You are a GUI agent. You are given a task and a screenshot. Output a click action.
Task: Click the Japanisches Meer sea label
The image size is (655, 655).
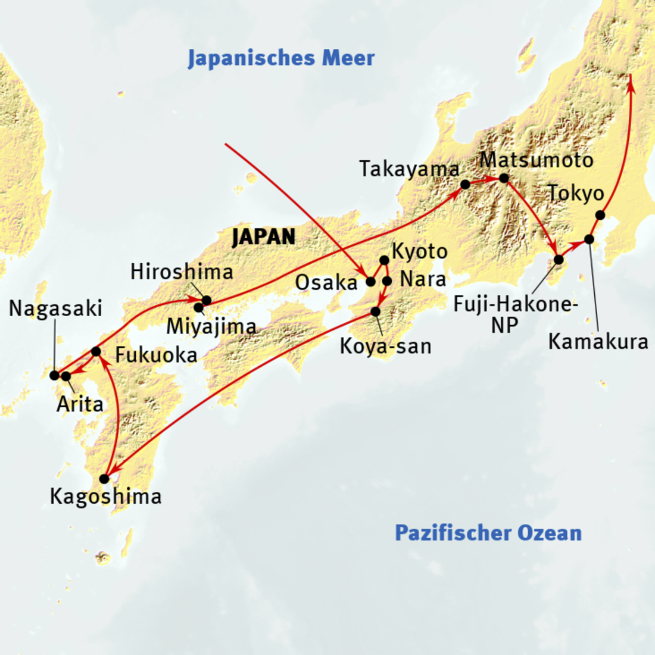[281, 58]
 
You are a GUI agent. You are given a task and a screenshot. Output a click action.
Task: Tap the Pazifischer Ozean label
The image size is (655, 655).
[488, 532]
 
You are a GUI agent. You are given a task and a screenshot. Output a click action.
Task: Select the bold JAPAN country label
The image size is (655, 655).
[264, 237]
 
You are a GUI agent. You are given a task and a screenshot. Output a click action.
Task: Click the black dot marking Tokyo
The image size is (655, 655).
[600, 215]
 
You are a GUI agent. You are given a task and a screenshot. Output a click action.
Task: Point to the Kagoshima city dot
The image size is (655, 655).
[104, 479]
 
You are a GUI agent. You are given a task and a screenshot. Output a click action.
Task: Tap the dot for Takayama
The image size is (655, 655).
[466, 185]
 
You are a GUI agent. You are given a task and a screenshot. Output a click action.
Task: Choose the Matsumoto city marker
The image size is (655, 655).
[504, 178]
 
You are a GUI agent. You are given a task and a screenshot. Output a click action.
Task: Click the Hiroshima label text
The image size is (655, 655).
[182, 272]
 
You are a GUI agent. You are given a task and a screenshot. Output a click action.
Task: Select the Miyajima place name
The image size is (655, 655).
[211, 326]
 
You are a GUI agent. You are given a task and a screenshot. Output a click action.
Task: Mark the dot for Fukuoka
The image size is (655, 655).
[96, 351]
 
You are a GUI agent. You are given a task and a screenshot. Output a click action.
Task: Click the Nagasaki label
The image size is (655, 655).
[55, 308]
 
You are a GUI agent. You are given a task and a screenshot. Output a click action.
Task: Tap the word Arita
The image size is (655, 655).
[80, 404]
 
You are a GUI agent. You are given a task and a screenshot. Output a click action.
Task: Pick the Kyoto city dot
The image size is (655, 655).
[384, 260]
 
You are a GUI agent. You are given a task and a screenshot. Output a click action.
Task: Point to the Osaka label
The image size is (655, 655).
[326, 283]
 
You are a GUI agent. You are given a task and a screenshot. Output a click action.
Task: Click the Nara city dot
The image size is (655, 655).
[387, 281]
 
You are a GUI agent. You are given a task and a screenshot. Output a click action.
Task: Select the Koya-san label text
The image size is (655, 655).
[385, 347]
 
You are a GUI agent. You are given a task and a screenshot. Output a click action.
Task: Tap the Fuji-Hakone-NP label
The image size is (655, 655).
[515, 314]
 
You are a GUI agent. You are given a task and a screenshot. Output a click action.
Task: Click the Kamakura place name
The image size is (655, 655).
[598, 342]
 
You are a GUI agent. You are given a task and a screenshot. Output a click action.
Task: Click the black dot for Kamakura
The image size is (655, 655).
[589, 239]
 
